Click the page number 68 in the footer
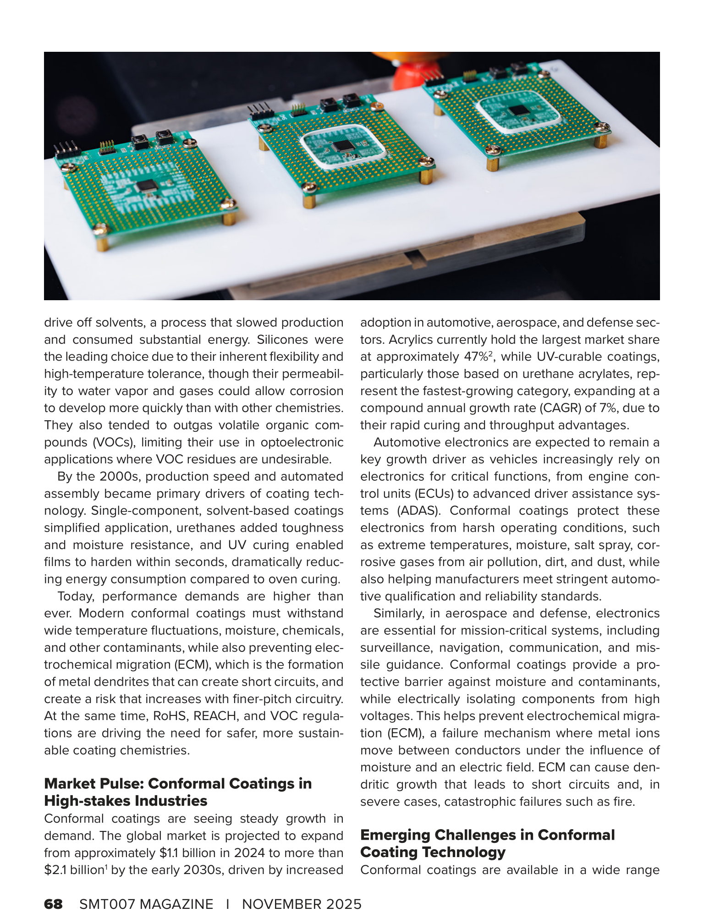coord(53,904)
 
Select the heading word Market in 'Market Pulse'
coord(71,783)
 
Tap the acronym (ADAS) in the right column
coord(418,511)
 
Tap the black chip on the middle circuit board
coord(342,146)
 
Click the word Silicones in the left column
coord(282,340)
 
